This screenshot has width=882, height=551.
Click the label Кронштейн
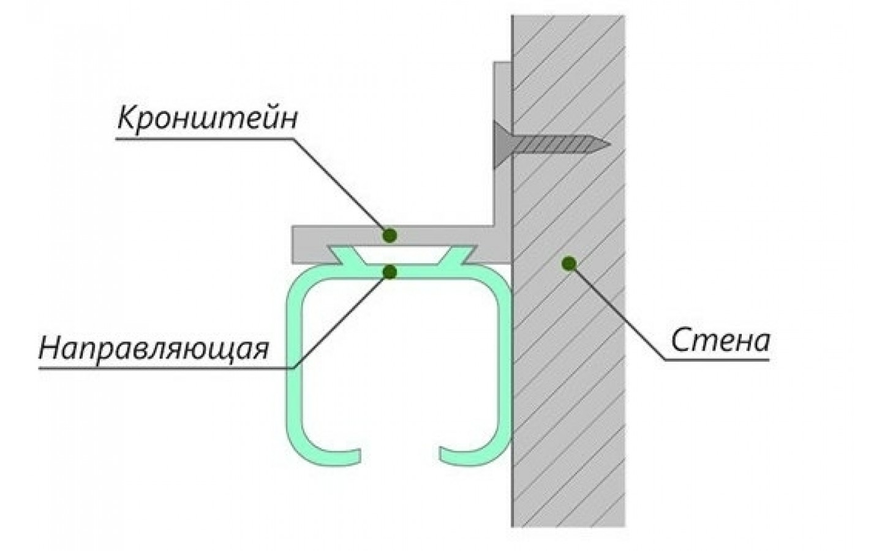point(207,119)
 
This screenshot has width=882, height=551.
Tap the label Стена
point(720,340)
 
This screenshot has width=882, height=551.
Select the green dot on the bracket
point(390,234)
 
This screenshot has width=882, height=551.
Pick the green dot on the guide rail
point(390,271)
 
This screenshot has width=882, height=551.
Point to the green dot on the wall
point(569,263)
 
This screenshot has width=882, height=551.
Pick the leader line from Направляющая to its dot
point(343,318)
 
